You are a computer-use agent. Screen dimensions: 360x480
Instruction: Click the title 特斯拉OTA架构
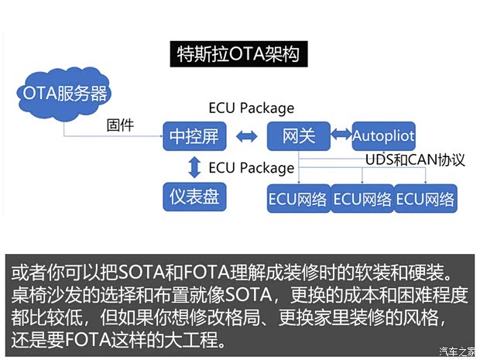pyautogui.click(x=239, y=55)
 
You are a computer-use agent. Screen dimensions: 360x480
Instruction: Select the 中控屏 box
pyautogui.click(x=194, y=137)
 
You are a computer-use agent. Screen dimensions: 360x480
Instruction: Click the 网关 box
pyautogui.click(x=298, y=137)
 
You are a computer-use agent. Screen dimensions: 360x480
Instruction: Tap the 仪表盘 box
pyautogui.click(x=194, y=197)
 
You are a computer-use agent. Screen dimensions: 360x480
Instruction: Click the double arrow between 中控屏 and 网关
pyautogui.click(x=246, y=138)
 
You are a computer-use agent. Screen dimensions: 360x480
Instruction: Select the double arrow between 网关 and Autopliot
pyautogui.click(x=341, y=135)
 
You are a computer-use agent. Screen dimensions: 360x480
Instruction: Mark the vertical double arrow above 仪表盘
pyautogui.click(x=194, y=166)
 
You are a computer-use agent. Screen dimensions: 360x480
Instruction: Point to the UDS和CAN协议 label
pyautogui.click(x=415, y=160)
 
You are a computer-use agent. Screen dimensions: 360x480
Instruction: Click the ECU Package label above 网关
pyautogui.click(x=252, y=108)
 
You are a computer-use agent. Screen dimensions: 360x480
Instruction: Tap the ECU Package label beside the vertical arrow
pyautogui.click(x=252, y=167)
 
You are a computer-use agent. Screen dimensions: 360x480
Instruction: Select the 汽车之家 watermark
pyautogui.click(x=457, y=351)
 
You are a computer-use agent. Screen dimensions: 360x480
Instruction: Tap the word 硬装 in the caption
pyautogui.click(x=420, y=273)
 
